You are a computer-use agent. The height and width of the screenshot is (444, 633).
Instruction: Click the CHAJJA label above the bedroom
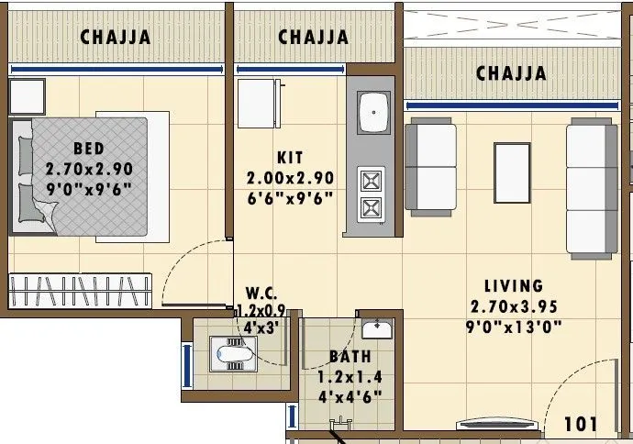pos(115,38)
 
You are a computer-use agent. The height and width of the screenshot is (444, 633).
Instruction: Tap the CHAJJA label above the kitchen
pos(313,38)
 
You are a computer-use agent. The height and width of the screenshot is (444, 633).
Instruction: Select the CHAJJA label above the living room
pos(511,72)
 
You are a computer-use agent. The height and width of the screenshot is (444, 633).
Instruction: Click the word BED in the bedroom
pos(89,149)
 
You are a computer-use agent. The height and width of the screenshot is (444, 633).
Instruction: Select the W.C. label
pos(250,295)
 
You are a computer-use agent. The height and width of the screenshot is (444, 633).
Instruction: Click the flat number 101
pos(581,424)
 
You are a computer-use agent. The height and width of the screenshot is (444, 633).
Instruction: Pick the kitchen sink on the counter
pos(372,113)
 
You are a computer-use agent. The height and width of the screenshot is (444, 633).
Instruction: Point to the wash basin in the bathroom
pos(377,329)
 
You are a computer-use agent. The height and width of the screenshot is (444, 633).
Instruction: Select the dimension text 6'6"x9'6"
pos(290,197)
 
